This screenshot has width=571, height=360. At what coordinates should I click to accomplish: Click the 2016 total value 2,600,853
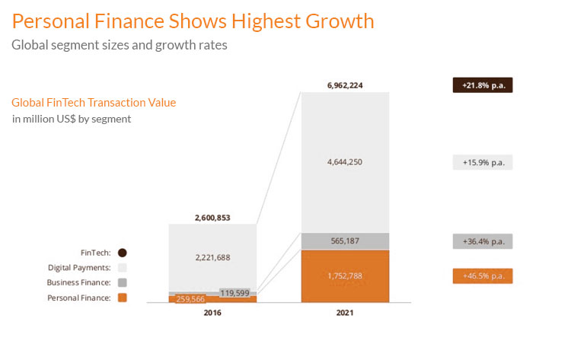[212, 218]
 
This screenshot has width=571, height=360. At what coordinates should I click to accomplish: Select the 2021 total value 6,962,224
[346, 85]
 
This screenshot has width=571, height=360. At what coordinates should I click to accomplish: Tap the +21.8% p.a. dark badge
[483, 85]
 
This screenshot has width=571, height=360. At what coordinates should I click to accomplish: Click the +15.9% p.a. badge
[483, 162]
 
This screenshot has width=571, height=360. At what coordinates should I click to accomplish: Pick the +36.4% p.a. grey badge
[483, 241]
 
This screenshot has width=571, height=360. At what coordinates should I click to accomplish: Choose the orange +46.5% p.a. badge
[483, 276]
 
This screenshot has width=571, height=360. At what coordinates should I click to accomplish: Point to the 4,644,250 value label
[346, 161]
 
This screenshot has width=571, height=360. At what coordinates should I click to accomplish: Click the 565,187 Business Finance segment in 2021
[346, 241]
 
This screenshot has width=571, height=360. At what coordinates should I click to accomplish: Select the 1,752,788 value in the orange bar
[346, 276]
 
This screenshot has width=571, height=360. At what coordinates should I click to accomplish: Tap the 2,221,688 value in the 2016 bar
[212, 257]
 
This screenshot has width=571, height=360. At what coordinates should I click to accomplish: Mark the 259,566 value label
[191, 300]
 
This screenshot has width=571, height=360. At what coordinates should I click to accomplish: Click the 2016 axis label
[212, 313]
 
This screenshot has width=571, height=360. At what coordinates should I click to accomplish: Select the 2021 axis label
[346, 313]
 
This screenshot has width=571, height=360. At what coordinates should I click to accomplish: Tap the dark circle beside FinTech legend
[123, 253]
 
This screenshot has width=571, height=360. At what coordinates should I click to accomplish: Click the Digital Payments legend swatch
[123, 268]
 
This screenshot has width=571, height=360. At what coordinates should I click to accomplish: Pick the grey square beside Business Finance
[123, 282]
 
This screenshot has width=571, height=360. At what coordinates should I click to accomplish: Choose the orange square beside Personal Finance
[123, 298]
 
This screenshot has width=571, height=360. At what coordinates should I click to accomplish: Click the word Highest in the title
[263, 21]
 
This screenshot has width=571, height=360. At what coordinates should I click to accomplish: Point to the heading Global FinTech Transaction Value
[94, 103]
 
